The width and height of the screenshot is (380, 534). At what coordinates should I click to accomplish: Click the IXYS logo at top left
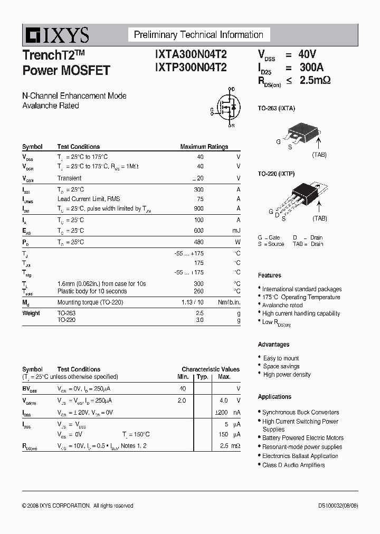pyautogui.click(x=56, y=35)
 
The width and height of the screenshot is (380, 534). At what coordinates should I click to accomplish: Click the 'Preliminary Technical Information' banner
pyautogui.click(x=198, y=35)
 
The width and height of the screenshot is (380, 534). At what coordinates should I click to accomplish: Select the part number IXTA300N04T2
pyautogui.click(x=191, y=54)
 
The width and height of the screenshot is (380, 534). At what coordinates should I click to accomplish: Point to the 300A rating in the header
pyautogui.click(x=311, y=68)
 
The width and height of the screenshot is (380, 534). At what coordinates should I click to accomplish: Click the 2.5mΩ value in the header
pyautogui.click(x=315, y=81)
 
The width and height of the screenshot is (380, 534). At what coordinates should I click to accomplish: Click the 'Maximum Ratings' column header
pyautogui.click(x=204, y=147)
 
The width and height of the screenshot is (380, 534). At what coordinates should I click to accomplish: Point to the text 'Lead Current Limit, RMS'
pyautogui.click(x=89, y=199)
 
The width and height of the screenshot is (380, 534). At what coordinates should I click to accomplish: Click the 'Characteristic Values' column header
pyautogui.click(x=211, y=369)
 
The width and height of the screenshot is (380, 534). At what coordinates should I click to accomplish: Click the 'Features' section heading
pyautogui.click(x=269, y=275)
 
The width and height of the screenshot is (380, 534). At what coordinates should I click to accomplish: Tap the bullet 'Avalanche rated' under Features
pyautogui.click(x=282, y=305)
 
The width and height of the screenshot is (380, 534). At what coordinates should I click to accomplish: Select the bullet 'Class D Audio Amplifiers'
pyautogui.click(x=293, y=465)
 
